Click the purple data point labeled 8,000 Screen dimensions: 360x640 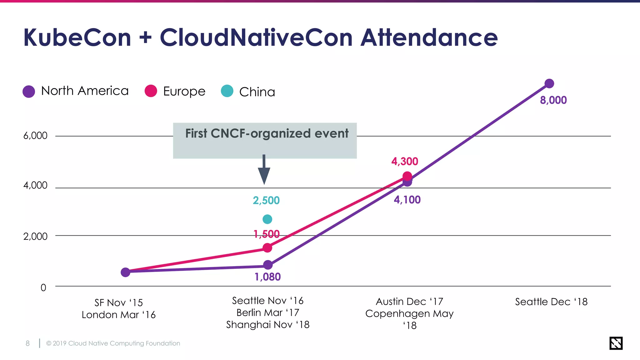549,83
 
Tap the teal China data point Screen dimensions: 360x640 267,219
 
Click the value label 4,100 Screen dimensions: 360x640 407,200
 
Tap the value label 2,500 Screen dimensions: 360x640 266,200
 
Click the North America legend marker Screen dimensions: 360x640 29,92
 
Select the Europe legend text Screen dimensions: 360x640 184,91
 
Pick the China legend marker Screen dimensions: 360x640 227,91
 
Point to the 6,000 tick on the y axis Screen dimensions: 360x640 35,136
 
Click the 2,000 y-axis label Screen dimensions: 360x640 35,236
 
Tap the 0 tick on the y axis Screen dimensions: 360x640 43,287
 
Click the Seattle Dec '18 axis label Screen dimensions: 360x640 551,302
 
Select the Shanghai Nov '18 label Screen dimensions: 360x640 268,325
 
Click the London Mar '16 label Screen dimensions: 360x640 118,315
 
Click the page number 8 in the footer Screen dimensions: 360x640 27,343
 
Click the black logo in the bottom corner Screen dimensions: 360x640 616,343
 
